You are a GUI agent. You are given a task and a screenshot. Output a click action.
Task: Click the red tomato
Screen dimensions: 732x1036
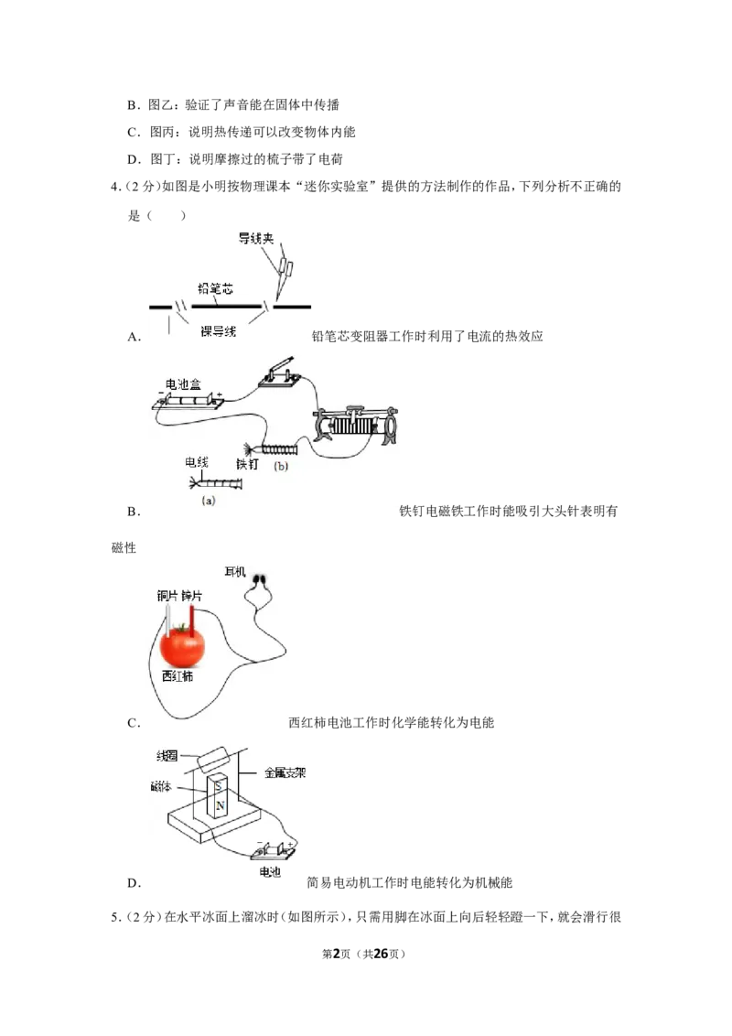[x=182, y=645]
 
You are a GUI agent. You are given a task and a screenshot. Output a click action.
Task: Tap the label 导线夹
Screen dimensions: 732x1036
[x=255, y=238]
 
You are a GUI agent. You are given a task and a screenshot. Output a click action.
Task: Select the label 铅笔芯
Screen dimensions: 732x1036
[x=215, y=288]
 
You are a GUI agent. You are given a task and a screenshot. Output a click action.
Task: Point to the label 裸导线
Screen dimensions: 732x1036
[x=218, y=331]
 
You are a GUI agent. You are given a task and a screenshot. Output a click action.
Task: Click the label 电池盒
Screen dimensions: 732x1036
[x=183, y=383]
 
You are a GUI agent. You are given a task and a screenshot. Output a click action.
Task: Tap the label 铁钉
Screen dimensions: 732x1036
[x=247, y=465]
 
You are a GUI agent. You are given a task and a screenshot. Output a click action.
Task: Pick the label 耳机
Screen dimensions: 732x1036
[x=235, y=571]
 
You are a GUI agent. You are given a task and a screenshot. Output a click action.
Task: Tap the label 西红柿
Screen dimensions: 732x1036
[x=178, y=676]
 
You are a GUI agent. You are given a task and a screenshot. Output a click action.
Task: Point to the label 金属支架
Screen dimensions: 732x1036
[x=285, y=772]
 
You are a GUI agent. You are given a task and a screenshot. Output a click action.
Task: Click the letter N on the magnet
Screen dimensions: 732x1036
[x=220, y=805]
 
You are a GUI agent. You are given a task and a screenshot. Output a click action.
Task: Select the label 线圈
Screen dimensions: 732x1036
[x=167, y=755]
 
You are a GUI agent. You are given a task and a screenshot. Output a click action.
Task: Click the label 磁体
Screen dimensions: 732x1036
[x=160, y=786]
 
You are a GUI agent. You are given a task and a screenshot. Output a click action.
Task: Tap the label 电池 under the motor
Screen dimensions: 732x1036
[x=270, y=872]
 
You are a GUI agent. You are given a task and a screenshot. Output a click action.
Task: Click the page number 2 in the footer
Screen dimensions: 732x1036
[x=336, y=954]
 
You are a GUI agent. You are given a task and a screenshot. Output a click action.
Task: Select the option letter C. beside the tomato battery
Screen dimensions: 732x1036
[x=135, y=723]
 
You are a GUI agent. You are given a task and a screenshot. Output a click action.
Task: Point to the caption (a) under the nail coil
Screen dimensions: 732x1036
[x=209, y=501]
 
